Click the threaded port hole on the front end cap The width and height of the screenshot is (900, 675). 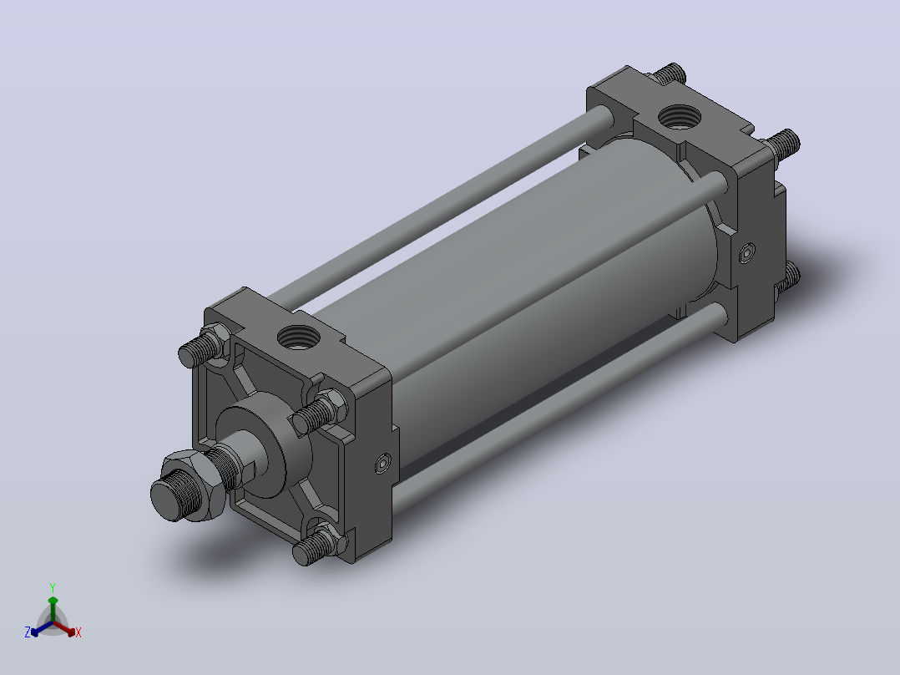pos(299,337)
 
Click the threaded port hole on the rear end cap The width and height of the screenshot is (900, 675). pos(679,117)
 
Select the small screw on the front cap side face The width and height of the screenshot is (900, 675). pos(383,464)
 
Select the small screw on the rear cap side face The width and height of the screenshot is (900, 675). pos(746,253)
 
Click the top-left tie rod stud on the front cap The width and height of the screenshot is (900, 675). pos(202,347)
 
